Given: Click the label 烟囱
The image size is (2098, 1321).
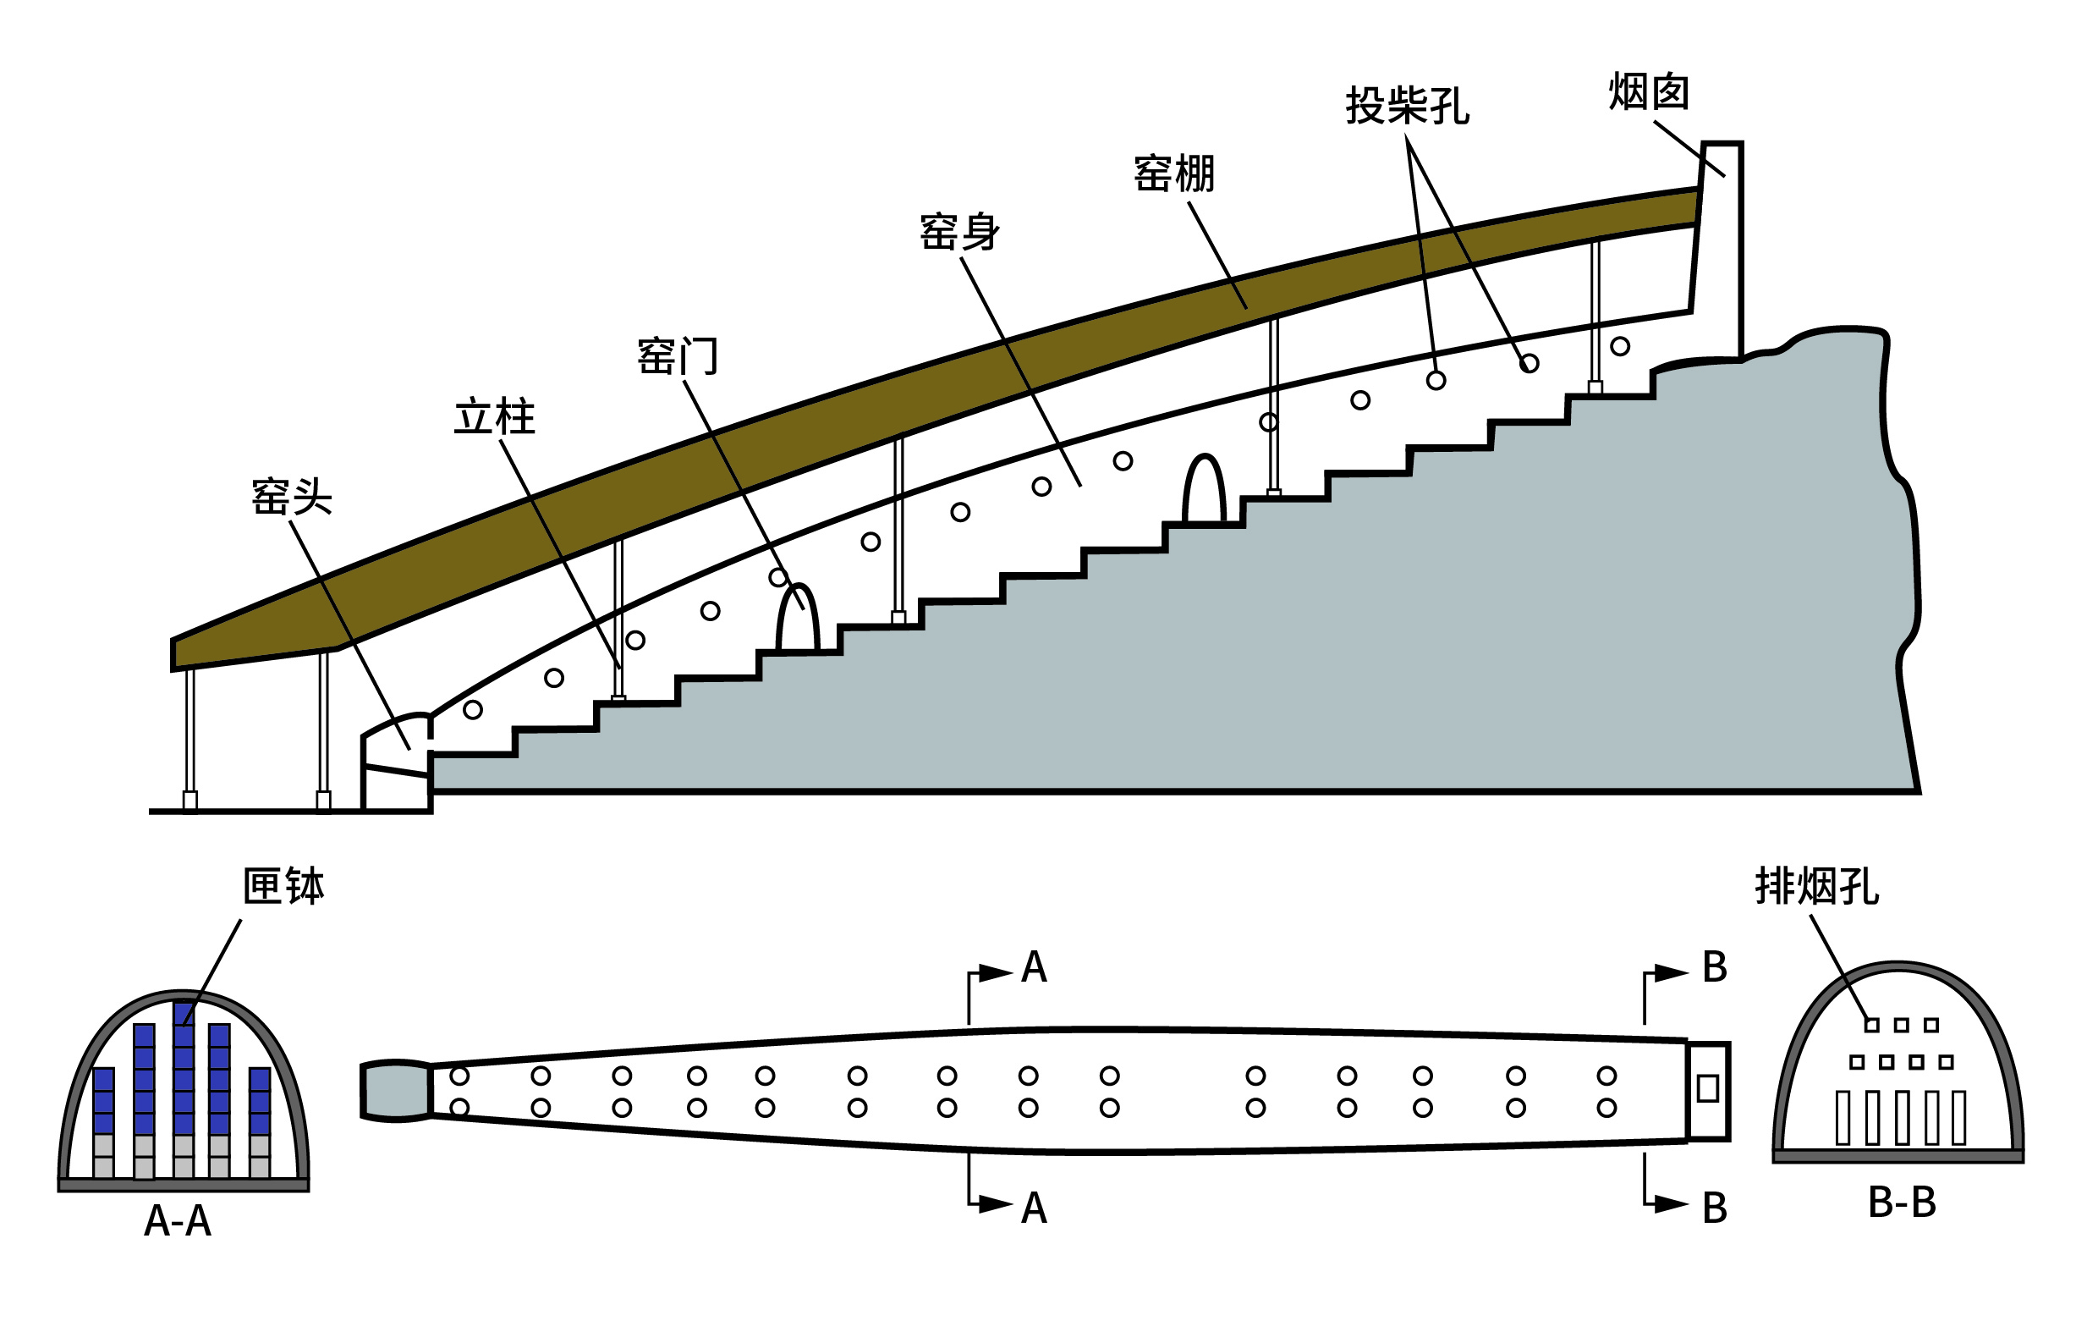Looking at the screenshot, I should [x=1649, y=92].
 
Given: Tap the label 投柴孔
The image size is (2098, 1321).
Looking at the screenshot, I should [x=1407, y=107].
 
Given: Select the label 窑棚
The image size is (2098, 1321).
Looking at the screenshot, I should [x=1173, y=173].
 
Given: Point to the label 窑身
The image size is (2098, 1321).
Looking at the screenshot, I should [x=959, y=232].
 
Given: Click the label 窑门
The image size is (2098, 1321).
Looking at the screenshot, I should [x=677, y=355].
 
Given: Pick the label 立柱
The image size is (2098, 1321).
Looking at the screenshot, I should [x=494, y=416].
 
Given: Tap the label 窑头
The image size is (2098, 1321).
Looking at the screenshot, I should [x=291, y=497].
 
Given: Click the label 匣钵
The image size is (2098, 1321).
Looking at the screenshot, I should [x=283, y=887].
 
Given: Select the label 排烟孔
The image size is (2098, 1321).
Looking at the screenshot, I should [x=1816, y=887].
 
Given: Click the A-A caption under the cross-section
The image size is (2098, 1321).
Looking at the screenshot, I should [x=178, y=1222].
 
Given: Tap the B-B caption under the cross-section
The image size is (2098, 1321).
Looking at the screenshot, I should [x=1902, y=1203].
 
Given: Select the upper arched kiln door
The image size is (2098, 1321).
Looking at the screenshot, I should [x=1204, y=492].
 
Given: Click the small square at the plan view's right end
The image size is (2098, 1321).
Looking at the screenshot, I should [x=1708, y=1088].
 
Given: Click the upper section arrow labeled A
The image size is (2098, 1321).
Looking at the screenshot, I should [x=993, y=973].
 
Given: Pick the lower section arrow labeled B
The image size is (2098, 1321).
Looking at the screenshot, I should [x=1667, y=1204].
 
